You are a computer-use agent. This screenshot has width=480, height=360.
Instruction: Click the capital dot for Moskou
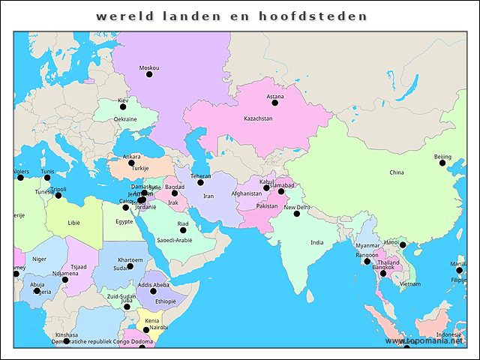(x=149, y=74)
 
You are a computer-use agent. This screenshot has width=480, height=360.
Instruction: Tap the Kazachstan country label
(x=258, y=118)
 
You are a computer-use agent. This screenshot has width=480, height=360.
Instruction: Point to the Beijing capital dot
(x=442, y=163)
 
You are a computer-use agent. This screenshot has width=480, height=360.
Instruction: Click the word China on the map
(x=396, y=172)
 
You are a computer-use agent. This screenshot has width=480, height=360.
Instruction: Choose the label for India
(x=317, y=242)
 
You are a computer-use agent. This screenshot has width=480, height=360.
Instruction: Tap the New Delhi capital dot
(x=297, y=214)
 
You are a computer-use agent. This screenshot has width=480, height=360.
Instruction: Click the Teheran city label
(x=200, y=175)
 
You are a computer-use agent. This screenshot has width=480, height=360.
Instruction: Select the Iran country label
(x=208, y=196)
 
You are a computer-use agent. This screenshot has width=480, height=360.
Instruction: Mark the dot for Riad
(x=183, y=230)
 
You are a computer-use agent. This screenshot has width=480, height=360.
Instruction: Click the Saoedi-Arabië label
(x=174, y=240)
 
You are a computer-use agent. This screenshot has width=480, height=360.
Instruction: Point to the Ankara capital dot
(x=131, y=163)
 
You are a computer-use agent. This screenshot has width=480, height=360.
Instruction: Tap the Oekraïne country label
(x=125, y=118)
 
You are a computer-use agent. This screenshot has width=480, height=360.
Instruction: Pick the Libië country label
(x=73, y=223)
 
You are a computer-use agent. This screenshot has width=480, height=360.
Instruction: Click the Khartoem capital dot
(x=130, y=266)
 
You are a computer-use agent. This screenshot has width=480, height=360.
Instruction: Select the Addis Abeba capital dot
(x=154, y=292)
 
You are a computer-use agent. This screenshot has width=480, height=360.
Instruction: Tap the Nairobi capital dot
(x=146, y=330)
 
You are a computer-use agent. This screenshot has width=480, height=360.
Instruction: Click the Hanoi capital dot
(x=403, y=245)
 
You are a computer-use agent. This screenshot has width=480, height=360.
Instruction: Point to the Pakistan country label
(x=267, y=205)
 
